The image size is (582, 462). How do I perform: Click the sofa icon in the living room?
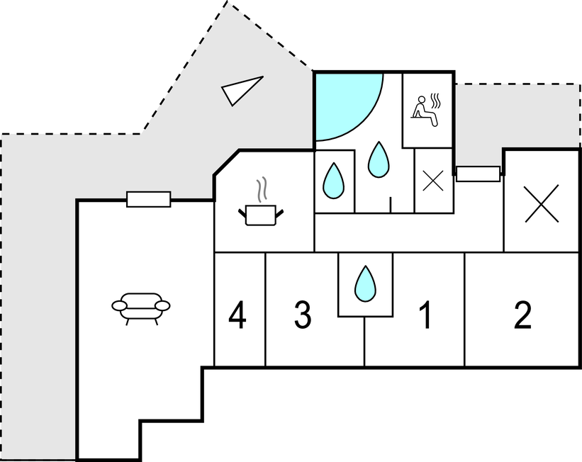[141, 307]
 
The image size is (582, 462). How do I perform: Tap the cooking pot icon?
[258, 214]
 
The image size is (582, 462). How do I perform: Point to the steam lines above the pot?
[262, 188]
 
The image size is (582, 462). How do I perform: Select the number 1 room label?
[425, 316]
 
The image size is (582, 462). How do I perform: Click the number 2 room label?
[522, 316]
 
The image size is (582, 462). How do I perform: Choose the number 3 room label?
[303, 316]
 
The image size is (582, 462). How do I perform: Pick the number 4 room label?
[238, 316]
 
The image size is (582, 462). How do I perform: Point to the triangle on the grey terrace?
[240, 90]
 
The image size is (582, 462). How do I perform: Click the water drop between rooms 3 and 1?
[365, 283]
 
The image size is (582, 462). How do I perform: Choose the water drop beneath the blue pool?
[379, 159]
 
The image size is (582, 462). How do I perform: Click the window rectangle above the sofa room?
[148, 199]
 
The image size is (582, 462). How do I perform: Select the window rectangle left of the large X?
[478, 174]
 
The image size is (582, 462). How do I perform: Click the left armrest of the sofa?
[118, 305]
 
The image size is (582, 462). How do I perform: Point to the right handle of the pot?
[281, 210]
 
